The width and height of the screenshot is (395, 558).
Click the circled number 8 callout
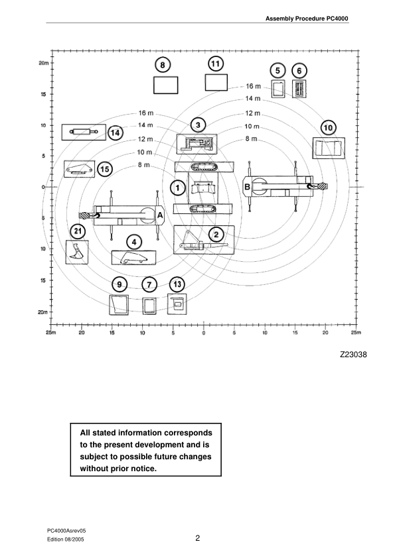163,64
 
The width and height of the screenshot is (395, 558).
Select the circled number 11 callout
216,63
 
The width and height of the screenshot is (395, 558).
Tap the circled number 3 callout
197,125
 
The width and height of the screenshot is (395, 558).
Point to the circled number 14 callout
116,133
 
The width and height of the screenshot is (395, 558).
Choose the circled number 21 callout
78,231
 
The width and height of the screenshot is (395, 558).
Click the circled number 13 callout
177,284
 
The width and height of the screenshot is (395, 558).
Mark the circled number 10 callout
328,127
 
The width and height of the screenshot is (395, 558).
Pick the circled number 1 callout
177,188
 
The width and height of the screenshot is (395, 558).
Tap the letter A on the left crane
159,213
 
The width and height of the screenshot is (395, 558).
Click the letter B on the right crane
247,187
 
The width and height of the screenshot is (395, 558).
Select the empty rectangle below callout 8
165,85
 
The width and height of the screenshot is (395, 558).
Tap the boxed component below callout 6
299,89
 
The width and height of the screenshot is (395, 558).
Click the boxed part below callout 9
119,305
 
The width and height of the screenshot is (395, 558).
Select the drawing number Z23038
353,354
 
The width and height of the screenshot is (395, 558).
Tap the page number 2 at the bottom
198,537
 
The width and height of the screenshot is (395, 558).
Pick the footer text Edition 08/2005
66,541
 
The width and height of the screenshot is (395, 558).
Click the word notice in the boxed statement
142,469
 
